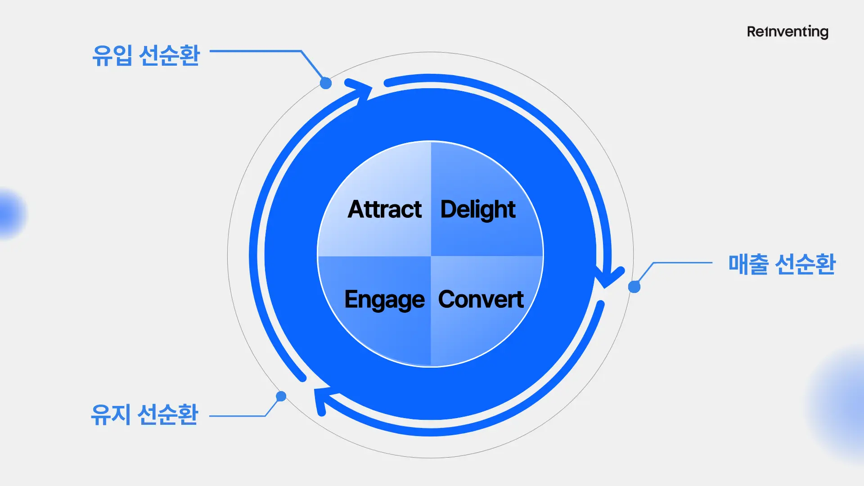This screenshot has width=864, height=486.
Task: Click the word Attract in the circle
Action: [385, 209]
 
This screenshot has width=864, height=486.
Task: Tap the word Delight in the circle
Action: [478, 209]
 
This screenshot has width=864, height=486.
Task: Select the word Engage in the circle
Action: [384, 300]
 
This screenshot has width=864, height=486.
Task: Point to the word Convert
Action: [481, 299]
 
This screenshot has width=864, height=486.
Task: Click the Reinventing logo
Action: [787, 31]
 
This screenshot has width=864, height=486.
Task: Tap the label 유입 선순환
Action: [146, 55]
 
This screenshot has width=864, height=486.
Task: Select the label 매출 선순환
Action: [782, 264]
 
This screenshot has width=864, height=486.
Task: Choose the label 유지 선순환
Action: [144, 414]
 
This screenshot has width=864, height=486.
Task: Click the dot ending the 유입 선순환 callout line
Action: [326, 83]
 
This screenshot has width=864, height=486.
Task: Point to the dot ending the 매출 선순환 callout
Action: [634, 287]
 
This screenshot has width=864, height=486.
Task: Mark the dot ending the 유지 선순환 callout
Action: [281, 396]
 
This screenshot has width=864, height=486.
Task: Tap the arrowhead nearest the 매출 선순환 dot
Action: [608, 277]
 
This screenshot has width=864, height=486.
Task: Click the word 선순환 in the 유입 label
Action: [169, 55]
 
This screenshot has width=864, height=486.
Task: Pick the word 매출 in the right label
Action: [748, 264]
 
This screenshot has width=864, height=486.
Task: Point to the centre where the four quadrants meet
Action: [431, 256]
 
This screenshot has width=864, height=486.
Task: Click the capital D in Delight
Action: [448, 209]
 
